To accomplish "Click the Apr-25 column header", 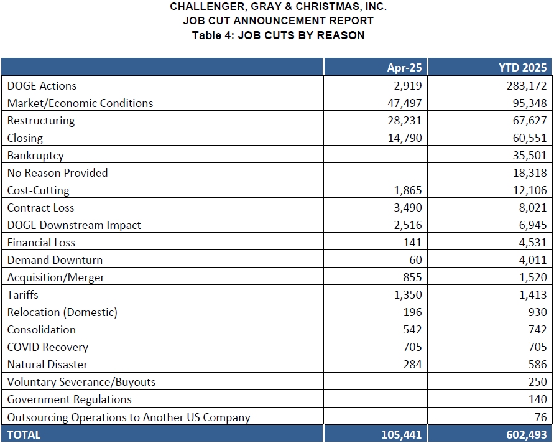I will click(x=404, y=68).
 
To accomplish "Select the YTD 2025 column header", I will click(x=523, y=68).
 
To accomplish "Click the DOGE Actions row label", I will click(x=42, y=86).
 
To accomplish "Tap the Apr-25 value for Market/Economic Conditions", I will click(x=404, y=103).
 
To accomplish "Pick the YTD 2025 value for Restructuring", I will click(x=529, y=121).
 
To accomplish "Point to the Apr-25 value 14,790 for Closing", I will click(x=404, y=138).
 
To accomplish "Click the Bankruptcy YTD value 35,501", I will click(x=529, y=156).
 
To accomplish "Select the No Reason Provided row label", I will click(x=57, y=173).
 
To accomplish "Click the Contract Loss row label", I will click(x=40, y=208).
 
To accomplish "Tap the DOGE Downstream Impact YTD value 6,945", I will click(x=532, y=225).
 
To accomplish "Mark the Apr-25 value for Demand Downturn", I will click(x=415, y=260).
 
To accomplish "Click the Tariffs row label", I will click(x=22, y=295).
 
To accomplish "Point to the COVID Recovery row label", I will click(x=47, y=347).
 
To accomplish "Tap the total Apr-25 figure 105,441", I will click(x=401, y=435).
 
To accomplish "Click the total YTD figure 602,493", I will click(x=525, y=435).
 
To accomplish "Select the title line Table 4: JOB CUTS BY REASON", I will click(x=278, y=35).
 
